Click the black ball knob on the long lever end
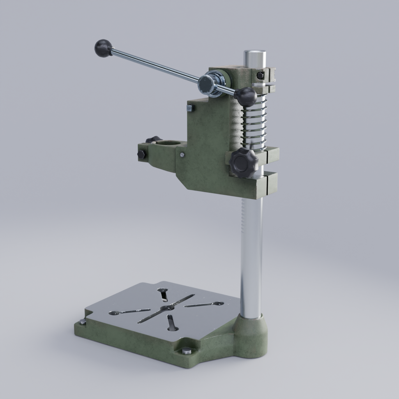[103, 48]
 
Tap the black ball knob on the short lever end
[245, 97]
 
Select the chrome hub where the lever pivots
[207, 84]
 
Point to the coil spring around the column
[254, 125]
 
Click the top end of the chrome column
[255, 54]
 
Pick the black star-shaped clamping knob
[244, 162]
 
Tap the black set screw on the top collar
[261, 75]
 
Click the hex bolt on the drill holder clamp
[141, 155]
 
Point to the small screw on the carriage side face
[182, 155]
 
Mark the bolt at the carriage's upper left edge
[190, 108]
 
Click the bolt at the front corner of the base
[187, 351]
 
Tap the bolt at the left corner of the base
[83, 322]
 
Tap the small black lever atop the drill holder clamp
[154, 139]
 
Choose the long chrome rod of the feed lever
[156, 65]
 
